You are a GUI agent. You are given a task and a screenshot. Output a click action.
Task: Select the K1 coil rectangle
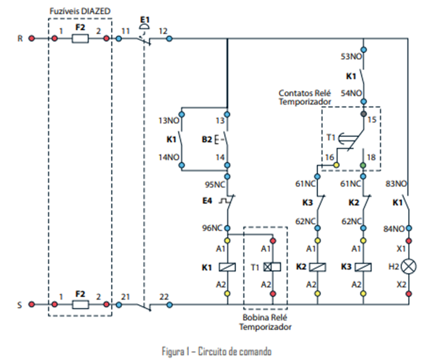228,266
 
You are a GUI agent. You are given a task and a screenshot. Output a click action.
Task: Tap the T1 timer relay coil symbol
272,266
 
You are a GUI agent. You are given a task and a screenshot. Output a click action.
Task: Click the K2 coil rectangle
318,266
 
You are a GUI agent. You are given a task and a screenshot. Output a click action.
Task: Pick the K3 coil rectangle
363,266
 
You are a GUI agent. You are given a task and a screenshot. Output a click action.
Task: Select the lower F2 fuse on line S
80,305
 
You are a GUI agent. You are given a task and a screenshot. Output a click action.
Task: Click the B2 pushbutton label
206,141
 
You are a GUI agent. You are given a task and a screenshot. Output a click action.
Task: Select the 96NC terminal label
213,227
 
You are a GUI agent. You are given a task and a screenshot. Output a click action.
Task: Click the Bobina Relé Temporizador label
265,322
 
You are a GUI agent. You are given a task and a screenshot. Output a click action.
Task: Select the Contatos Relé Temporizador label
304,98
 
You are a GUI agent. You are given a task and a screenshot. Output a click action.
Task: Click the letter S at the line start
20,305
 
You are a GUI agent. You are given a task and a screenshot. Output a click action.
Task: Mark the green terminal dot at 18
363,164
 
